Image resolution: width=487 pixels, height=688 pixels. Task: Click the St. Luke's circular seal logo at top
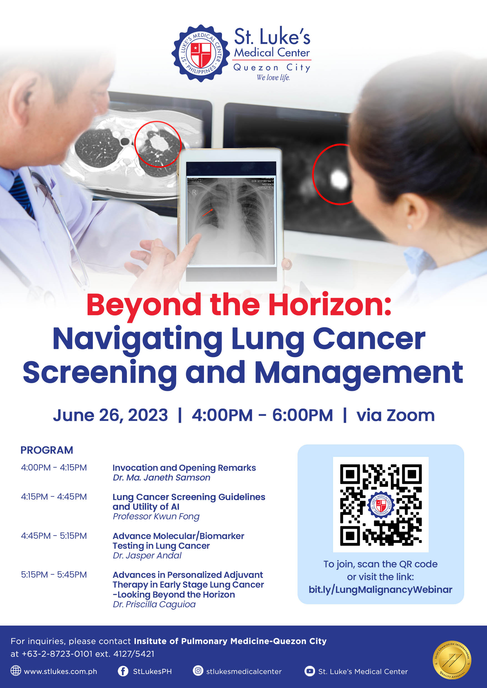pos(201,53)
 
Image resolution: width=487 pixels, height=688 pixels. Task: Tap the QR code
pos(381,504)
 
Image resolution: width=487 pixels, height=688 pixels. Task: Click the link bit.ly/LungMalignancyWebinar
pos(380,590)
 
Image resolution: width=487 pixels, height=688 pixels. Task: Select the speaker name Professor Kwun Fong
pos(156,516)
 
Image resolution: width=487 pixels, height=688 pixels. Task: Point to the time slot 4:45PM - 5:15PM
pos(54,536)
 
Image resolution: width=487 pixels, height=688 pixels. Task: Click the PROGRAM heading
pos(46,450)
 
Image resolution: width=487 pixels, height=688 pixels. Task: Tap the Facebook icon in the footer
pos(123,671)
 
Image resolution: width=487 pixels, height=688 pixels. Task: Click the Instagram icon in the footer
pos(198,671)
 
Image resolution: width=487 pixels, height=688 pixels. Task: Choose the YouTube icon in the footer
pos(310,671)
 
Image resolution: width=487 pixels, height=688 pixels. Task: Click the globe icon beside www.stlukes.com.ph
pos(16,671)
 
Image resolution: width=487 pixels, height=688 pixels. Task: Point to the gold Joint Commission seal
pos(452,660)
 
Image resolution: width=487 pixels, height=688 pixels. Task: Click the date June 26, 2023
pos(110,415)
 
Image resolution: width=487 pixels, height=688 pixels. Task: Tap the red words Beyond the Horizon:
pos(239,305)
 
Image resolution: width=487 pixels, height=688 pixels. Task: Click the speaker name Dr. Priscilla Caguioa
pos(154,604)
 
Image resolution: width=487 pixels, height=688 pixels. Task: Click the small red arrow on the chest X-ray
pos(207,213)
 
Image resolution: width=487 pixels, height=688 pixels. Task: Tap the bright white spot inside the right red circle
pos(339,179)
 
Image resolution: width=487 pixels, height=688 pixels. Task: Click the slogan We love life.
pos(273,78)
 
